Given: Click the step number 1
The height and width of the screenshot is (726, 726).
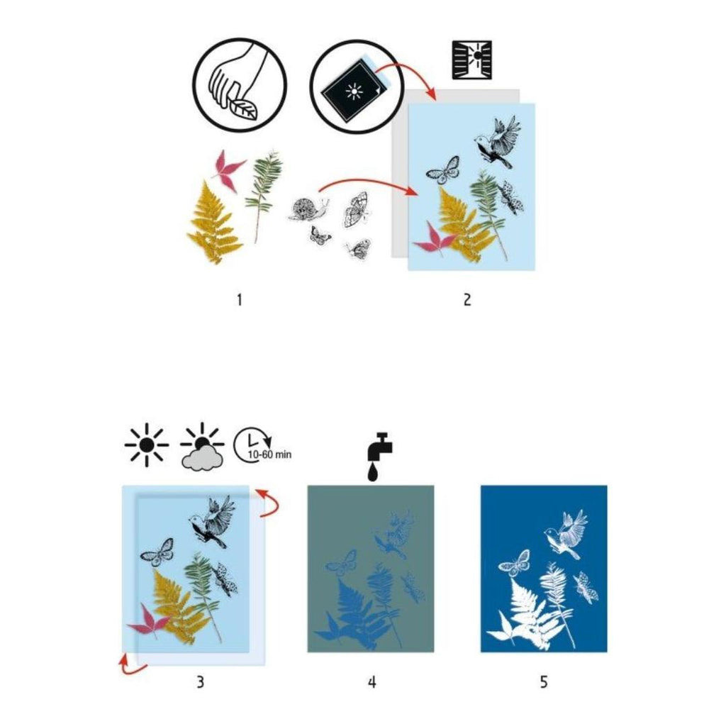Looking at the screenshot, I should (x=240, y=300).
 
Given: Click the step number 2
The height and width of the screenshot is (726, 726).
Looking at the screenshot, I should (x=467, y=300).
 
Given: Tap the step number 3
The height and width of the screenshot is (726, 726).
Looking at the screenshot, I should (x=201, y=682).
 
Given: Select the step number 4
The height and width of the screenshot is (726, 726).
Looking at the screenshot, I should (x=372, y=682).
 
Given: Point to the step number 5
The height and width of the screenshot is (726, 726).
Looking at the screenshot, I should (x=544, y=682).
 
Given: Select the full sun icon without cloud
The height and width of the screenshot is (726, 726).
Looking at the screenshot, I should (x=147, y=446).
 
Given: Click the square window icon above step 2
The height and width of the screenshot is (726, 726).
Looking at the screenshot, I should (x=471, y=59).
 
